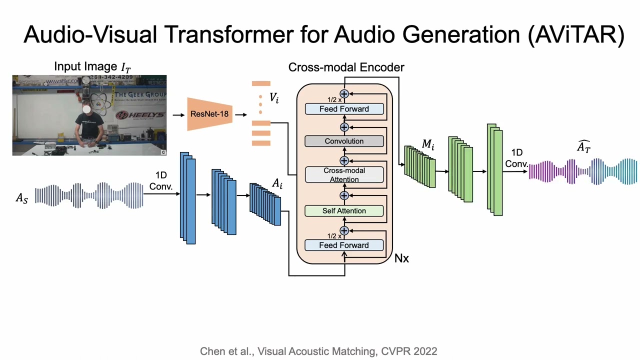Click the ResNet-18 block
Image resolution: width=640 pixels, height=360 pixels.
point(209,114)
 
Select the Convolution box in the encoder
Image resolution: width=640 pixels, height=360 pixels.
point(344,141)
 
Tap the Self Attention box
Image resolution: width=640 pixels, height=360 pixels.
point(344,211)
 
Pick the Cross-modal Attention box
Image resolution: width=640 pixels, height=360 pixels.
point(344,175)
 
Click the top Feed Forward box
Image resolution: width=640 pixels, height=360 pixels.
point(344,109)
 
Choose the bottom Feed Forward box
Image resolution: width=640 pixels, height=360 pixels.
point(344,245)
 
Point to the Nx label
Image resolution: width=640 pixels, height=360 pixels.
point(401,258)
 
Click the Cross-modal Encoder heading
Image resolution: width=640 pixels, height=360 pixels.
point(346,67)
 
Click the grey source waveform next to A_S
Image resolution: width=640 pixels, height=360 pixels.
point(89,195)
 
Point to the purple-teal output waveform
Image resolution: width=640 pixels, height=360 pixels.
point(583,171)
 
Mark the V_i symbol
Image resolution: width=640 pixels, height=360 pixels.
point(274,97)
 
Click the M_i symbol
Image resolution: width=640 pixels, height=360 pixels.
point(428,145)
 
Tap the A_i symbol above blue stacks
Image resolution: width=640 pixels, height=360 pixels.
point(277,183)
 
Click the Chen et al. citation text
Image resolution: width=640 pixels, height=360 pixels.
point(318,351)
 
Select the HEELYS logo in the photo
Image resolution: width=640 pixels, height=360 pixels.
point(140,115)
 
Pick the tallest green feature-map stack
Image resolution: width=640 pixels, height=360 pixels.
point(494,170)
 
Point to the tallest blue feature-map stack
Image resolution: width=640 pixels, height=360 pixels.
point(188,198)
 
